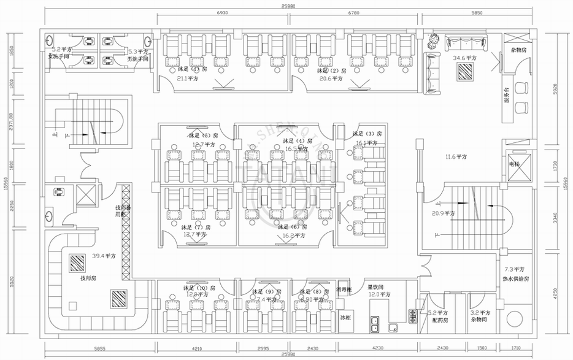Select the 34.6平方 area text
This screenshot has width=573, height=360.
tap(464, 58)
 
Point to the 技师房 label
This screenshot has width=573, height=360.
tap(88, 278)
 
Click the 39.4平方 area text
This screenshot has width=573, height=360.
tap(102, 256)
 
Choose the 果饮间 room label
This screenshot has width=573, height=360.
tap(375, 286)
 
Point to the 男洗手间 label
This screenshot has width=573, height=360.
tap(139, 60)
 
